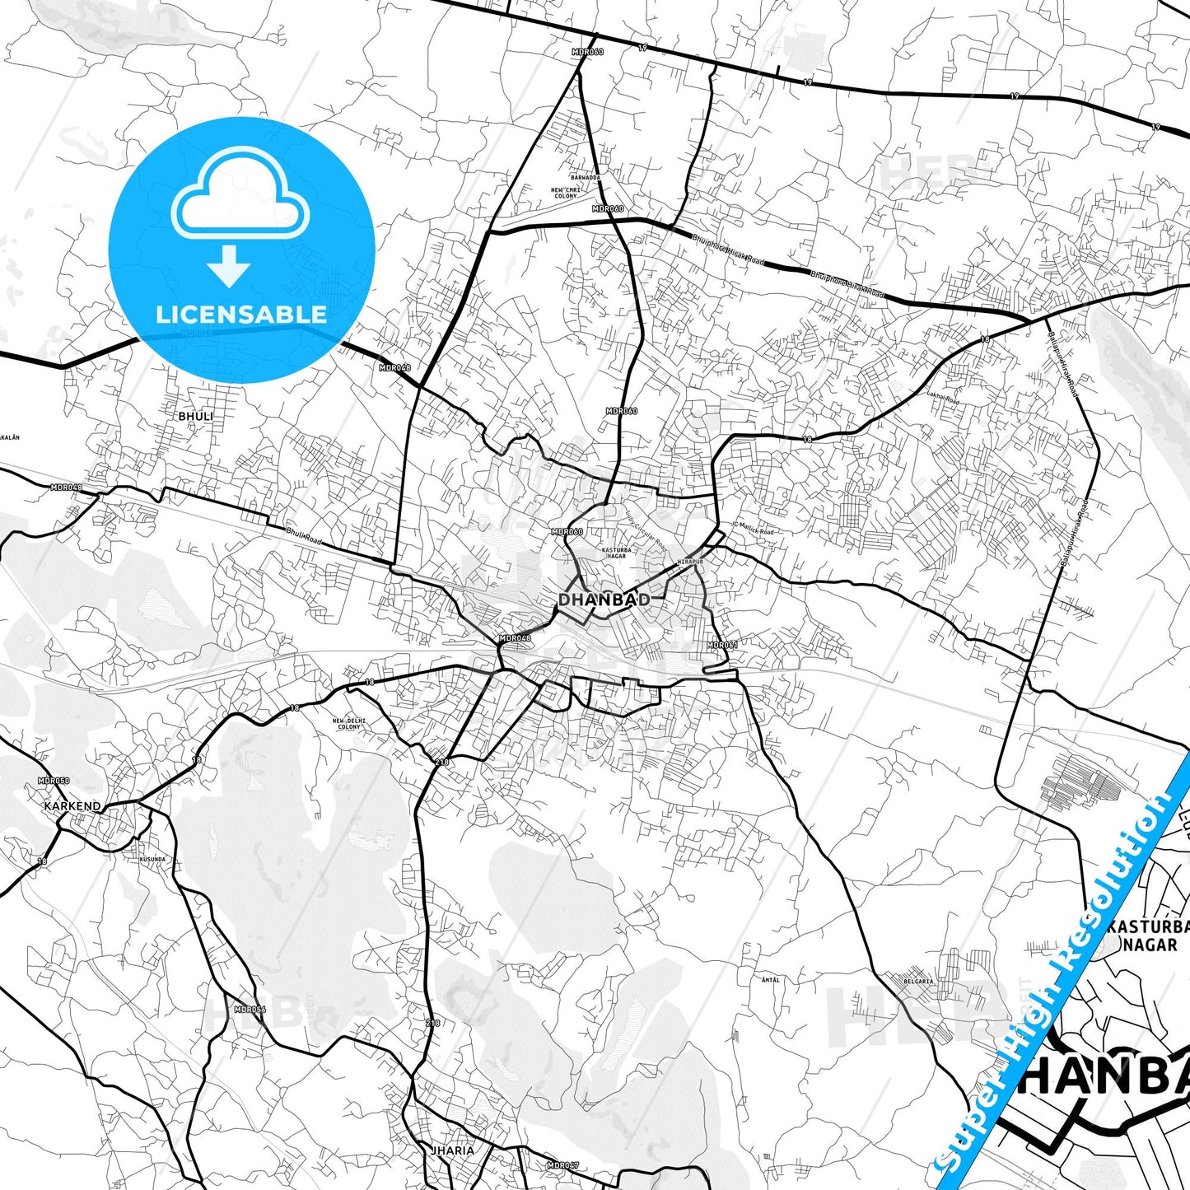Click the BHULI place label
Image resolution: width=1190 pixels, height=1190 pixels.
pyautogui.click(x=195, y=417)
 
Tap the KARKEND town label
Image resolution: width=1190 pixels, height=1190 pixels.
pyautogui.click(x=72, y=806)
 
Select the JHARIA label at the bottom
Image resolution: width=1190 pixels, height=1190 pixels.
pyautogui.click(x=452, y=1150)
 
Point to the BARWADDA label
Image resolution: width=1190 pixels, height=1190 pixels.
pyautogui.click(x=586, y=177)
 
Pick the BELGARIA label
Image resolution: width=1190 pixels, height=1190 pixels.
pyautogui.click(x=918, y=981)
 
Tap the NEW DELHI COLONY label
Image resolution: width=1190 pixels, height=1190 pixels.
pyautogui.click(x=349, y=724)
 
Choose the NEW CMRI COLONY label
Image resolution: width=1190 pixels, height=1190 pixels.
pyautogui.click(x=566, y=193)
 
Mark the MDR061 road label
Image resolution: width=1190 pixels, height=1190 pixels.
pyautogui.click(x=722, y=645)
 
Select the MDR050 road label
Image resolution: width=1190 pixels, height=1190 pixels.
pyautogui.click(x=54, y=781)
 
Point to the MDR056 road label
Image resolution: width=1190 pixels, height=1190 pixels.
pyautogui.click(x=250, y=1009)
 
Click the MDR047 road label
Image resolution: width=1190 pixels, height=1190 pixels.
pyautogui.click(x=563, y=1165)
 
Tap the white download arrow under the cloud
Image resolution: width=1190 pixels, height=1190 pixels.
pyautogui.click(x=229, y=266)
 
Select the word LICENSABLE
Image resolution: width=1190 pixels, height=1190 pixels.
pyautogui.click(x=241, y=314)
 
